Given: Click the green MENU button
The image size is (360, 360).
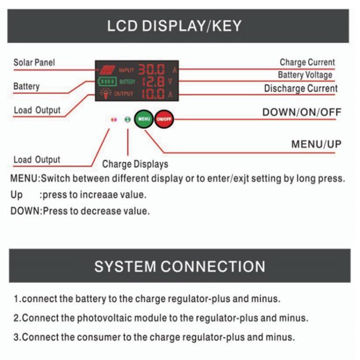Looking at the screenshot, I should click(x=144, y=119).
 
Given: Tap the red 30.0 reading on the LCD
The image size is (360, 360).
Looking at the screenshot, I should click(x=152, y=70).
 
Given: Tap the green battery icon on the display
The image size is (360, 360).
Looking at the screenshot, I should click(x=107, y=81).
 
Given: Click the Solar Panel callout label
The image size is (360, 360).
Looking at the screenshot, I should click(x=34, y=62).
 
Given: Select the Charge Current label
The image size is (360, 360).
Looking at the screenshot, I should click(x=307, y=62).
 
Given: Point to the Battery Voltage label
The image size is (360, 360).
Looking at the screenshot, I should click(x=305, y=75).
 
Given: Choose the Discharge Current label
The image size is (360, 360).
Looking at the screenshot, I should click(x=301, y=88).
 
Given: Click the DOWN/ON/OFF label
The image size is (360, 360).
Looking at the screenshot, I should click(x=301, y=112).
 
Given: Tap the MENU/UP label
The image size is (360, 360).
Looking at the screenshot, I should click(x=316, y=144).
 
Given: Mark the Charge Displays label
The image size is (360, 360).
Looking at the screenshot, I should click(x=135, y=164).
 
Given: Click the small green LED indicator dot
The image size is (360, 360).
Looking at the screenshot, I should click(x=127, y=120).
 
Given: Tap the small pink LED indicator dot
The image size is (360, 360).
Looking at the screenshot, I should click(x=114, y=120).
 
